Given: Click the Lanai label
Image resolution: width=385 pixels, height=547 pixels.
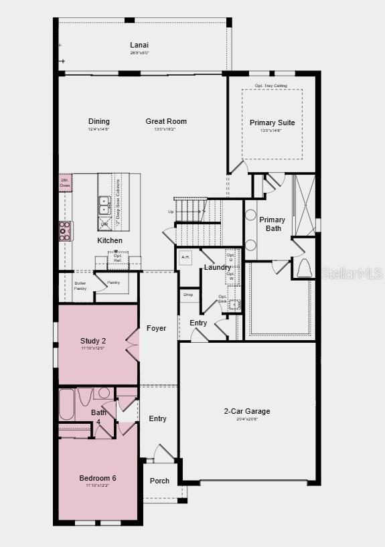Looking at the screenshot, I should pyautogui.click(x=139, y=46).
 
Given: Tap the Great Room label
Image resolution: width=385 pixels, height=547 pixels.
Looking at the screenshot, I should pyautogui.click(x=166, y=121).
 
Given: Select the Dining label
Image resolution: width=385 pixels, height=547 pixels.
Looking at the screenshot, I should pyautogui.click(x=99, y=121).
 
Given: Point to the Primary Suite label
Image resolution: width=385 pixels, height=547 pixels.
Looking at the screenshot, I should pyautogui.click(x=272, y=123).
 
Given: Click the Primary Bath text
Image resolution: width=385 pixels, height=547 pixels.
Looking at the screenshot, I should pyautogui.click(x=272, y=224).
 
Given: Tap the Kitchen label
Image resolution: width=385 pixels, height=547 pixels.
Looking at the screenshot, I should pyautogui.click(x=110, y=240).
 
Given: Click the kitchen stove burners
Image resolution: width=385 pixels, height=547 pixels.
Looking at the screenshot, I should pyautogui.click(x=66, y=230).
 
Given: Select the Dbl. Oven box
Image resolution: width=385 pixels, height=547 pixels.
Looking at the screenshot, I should pyautogui.click(x=65, y=182).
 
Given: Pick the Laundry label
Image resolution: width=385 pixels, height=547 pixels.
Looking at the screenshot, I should pyautogui.click(x=218, y=268).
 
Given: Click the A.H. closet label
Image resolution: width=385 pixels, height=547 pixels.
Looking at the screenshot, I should pyautogui.click(x=185, y=256).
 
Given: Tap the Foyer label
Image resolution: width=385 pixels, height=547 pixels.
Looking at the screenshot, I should pyautogui.click(x=157, y=328).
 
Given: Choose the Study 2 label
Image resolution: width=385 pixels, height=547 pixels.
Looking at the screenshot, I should pyautogui.click(x=92, y=341).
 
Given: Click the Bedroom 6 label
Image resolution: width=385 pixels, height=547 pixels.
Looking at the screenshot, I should pyautogui.click(x=98, y=478).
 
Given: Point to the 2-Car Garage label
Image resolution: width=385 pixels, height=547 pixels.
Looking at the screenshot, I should pyautogui.click(x=246, y=411).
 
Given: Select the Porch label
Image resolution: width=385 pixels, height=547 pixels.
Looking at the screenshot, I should pyautogui.click(x=159, y=481).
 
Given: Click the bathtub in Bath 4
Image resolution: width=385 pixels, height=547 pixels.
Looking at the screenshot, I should pyautogui.click(x=67, y=404).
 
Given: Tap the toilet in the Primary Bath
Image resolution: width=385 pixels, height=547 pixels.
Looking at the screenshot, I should pyautogui.click(x=303, y=268).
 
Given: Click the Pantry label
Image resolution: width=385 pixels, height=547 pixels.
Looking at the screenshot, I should pyautogui.click(x=114, y=283).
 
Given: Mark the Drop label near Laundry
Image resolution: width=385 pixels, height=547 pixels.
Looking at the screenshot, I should pyautogui.click(x=188, y=295).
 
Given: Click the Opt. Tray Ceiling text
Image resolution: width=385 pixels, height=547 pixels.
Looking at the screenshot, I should pyautogui.click(x=271, y=86).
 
